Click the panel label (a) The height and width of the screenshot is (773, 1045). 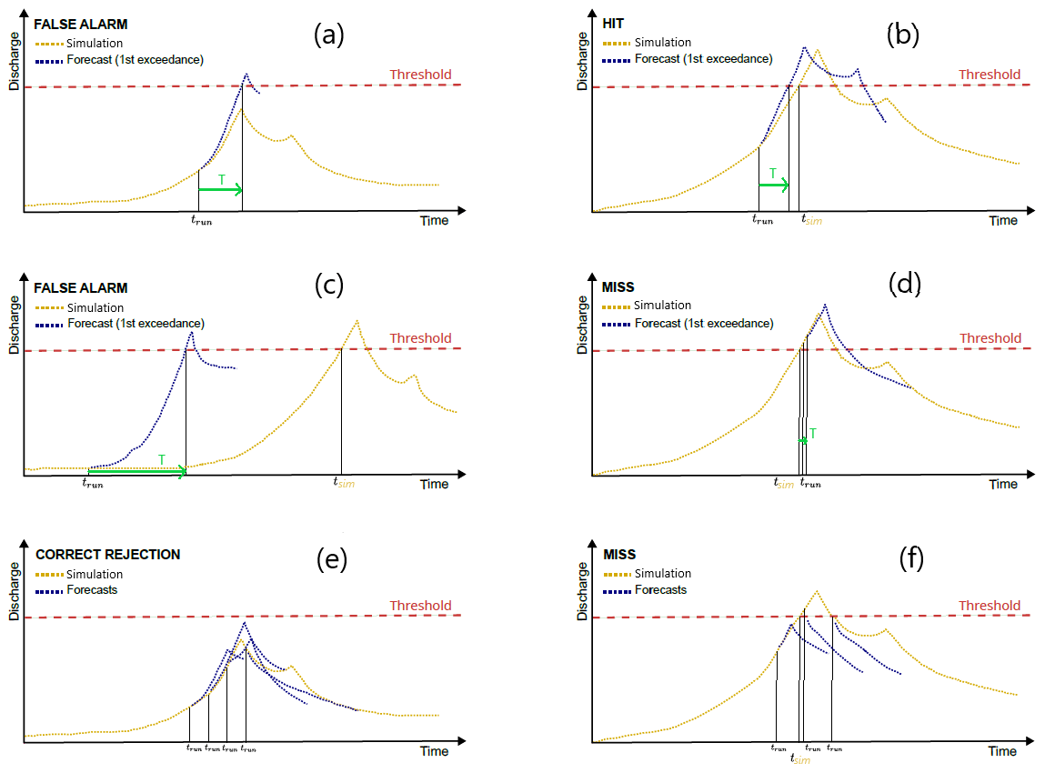pos(329,35)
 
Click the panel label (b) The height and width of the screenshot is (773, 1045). pos(903,35)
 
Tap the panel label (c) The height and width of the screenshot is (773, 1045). pos(329,285)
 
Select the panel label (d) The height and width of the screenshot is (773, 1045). pos(903,283)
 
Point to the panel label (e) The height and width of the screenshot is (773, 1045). pos(329,560)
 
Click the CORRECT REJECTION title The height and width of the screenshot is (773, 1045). pos(107,555)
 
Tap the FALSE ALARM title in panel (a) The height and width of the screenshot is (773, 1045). pos(81,25)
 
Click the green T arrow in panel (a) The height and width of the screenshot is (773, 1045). pos(220,189)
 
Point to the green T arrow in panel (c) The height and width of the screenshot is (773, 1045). pos(136,471)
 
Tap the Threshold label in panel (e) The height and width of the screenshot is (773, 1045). pos(420,606)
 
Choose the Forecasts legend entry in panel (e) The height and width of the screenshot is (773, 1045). pos(92,590)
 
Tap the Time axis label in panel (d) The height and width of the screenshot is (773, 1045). pos(1003,484)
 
